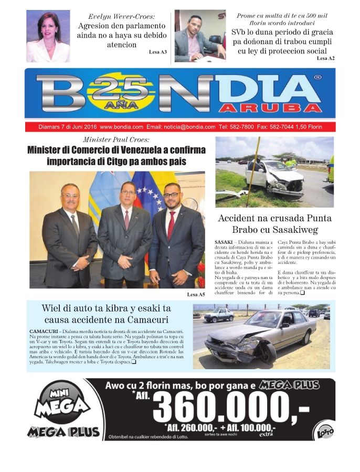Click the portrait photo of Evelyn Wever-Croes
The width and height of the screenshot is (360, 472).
[x=48, y=36]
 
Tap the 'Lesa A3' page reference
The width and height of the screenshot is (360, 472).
[x=158, y=52]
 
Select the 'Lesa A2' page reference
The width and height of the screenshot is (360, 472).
[x=325, y=58]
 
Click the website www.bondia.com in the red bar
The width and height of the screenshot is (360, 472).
[x=121, y=127]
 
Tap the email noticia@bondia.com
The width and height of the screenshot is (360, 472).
[x=188, y=127]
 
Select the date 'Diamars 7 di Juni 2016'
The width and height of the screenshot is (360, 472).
[x=68, y=127]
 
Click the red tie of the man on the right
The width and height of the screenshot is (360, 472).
[x=171, y=225]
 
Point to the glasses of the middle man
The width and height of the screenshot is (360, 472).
[x=128, y=192]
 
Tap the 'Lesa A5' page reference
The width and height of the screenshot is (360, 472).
[x=196, y=295]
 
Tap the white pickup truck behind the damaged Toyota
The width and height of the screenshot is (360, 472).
[x=219, y=315]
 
